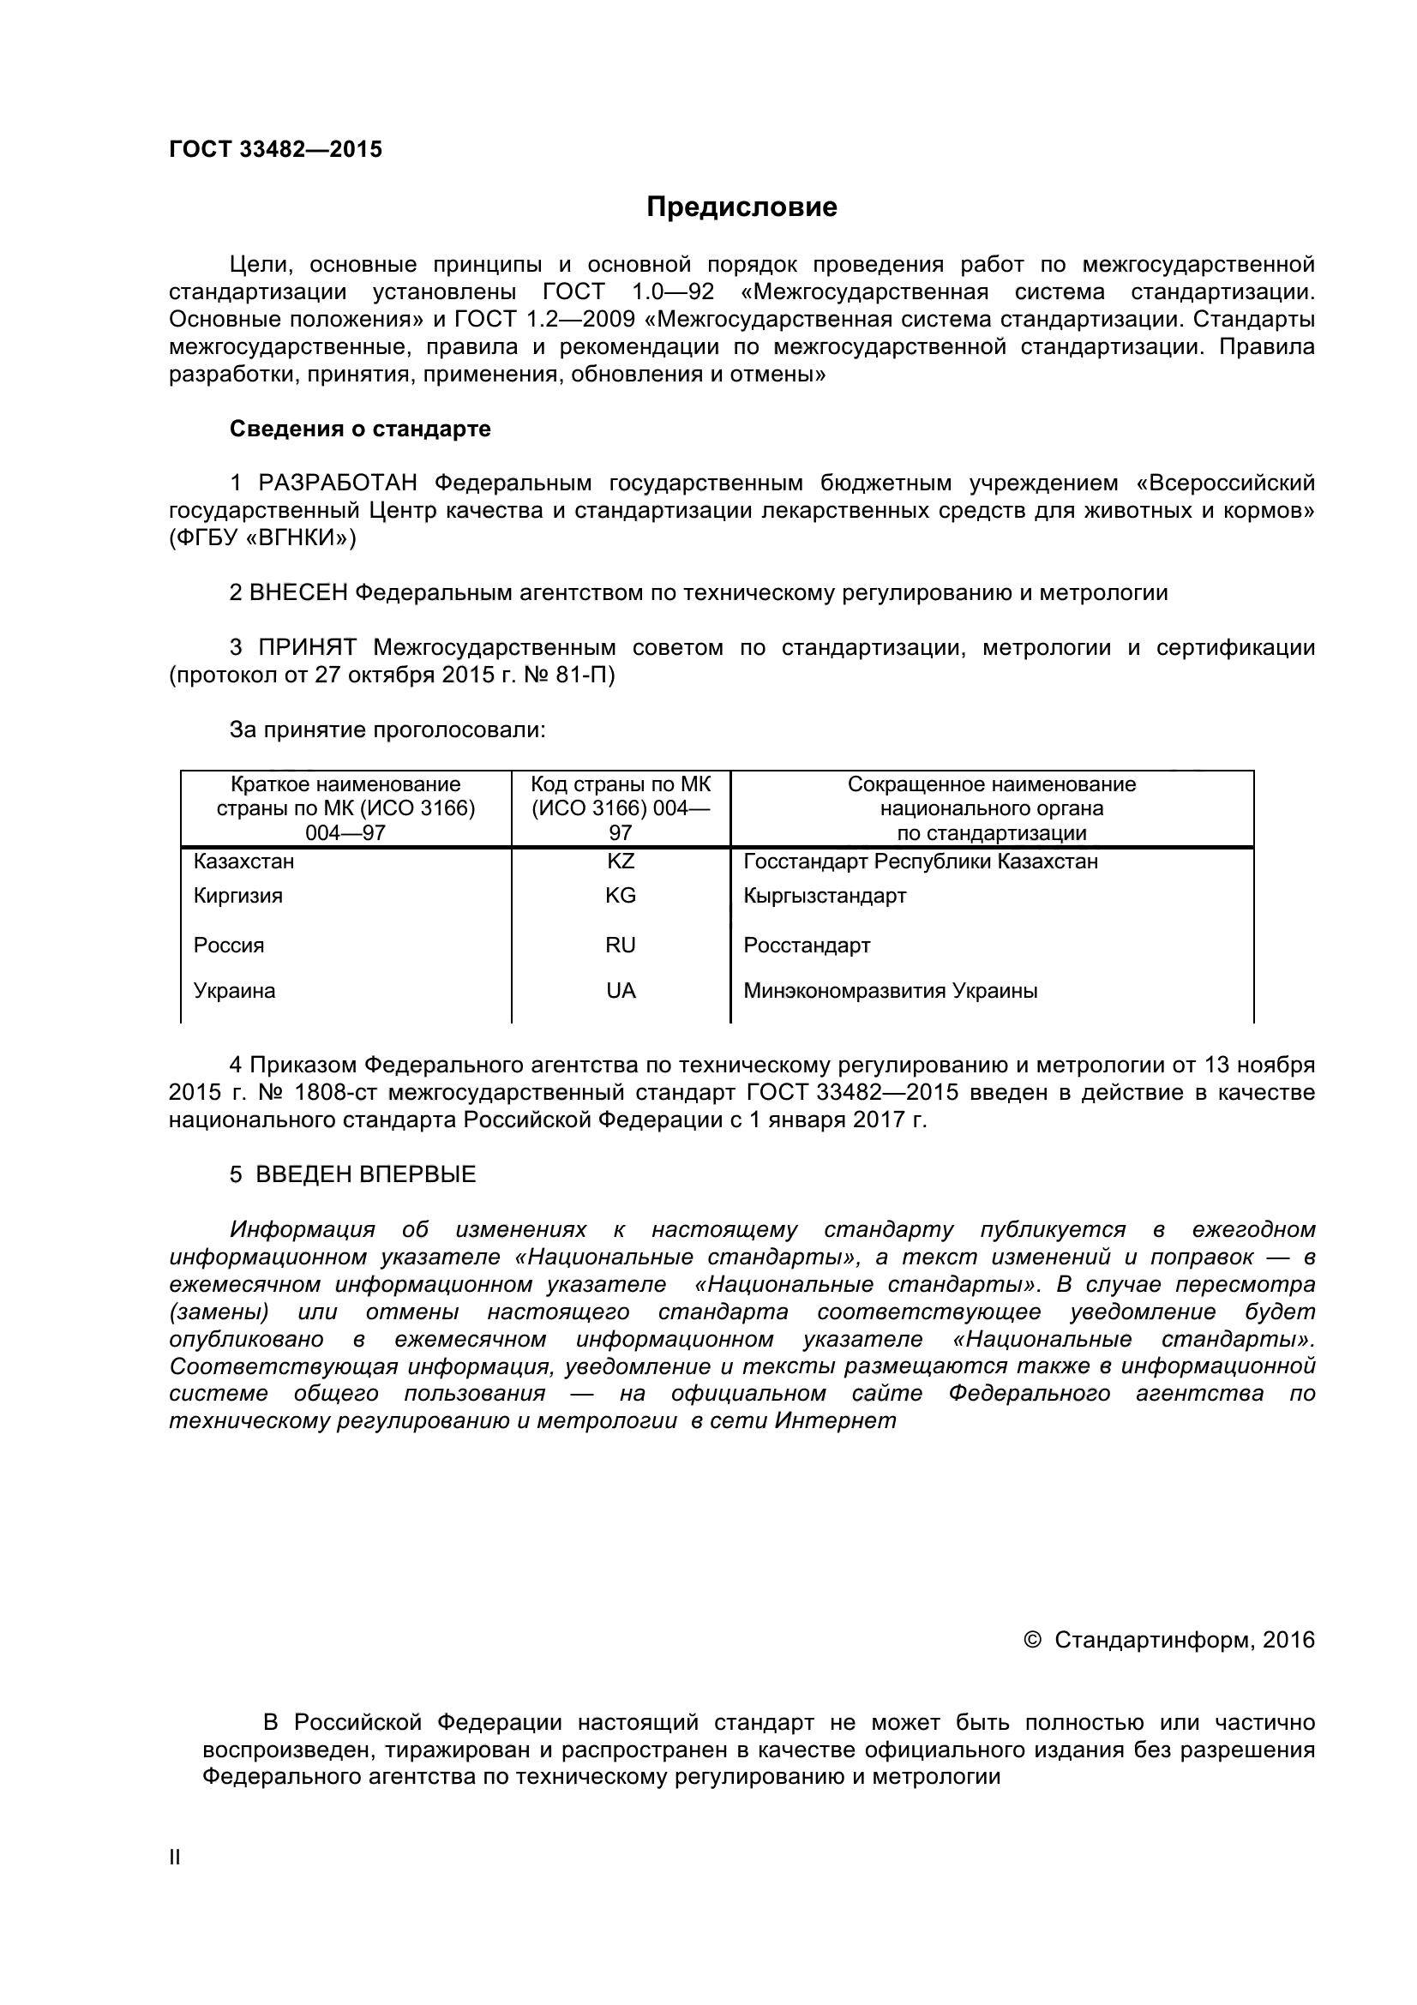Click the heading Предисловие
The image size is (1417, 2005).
click(x=742, y=207)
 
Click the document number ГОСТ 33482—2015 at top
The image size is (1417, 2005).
click(x=275, y=149)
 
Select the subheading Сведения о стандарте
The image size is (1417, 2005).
click(x=360, y=429)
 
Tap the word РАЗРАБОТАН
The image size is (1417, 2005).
click(x=337, y=483)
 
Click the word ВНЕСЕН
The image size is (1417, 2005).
click(x=298, y=593)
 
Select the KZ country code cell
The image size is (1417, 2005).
click(x=621, y=861)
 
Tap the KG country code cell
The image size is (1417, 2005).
click(x=621, y=895)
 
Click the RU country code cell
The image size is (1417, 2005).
click(x=621, y=945)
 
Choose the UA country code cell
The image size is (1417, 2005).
click(x=621, y=990)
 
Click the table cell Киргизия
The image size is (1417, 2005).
click(x=238, y=895)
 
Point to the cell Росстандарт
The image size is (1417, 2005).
click(x=807, y=945)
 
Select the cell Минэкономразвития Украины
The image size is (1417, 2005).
click(x=891, y=990)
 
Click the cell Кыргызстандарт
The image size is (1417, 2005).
click(x=825, y=895)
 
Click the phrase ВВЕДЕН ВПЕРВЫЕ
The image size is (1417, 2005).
click(x=365, y=1174)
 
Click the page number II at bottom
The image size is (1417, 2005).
click(x=175, y=1858)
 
